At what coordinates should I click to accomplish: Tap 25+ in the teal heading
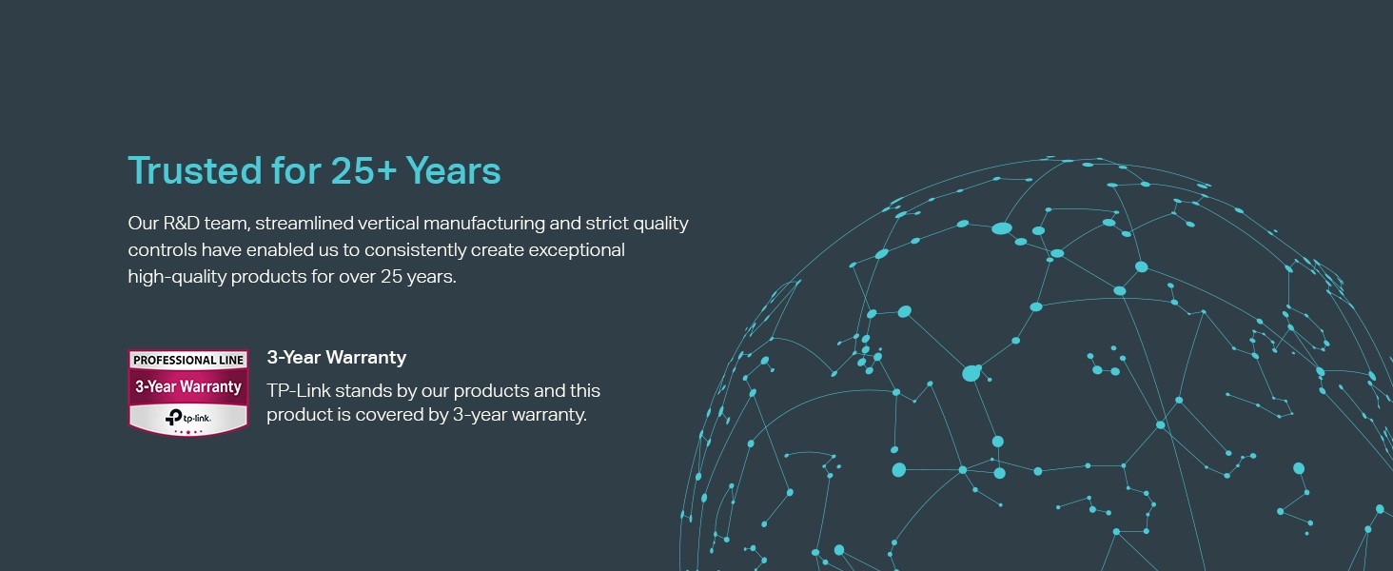pos(363,170)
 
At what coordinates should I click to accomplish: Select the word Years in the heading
pos(453,170)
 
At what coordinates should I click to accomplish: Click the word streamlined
pos(304,223)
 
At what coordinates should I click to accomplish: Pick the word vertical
pos(388,223)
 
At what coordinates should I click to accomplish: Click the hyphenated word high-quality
pos(177,278)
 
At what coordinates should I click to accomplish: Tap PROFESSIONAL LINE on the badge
pos(188,360)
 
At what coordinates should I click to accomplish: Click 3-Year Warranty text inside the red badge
pos(188,387)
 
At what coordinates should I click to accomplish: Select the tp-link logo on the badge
pos(187,418)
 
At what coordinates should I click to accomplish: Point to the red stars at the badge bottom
pos(187,431)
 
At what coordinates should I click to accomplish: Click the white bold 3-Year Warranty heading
pos(337,357)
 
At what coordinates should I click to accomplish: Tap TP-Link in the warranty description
pos(299,390)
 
